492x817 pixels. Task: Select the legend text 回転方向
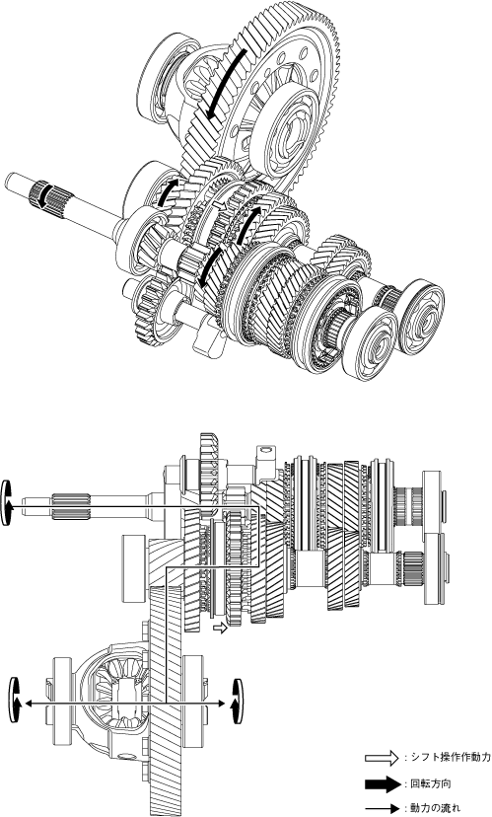pyautogui.click(x=428, y=783)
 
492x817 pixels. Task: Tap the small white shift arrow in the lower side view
pyautogui.click(x=221, y=628)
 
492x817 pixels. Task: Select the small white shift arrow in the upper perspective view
pyautogui.click(x=219, y=206)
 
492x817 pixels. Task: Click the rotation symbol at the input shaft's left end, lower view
pyautogui.click(x=7, y=502)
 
